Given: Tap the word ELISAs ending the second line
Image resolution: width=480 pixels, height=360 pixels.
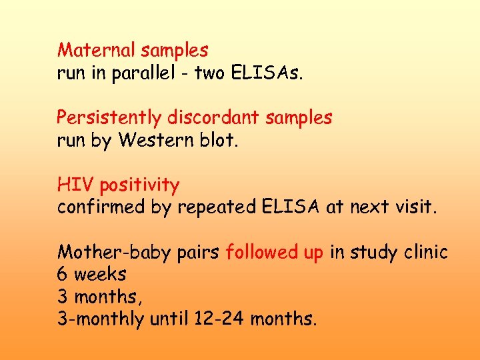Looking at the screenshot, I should coord(267,73).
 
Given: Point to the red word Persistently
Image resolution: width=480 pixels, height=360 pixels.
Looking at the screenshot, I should coord(109,118).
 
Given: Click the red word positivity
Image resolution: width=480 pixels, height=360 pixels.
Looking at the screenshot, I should coord(137,185).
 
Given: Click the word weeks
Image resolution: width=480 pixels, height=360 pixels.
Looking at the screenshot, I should coord(100,275).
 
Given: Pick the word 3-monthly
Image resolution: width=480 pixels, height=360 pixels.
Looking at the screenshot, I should coord(100,320).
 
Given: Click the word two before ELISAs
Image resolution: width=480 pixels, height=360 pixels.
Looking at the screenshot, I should coord(209,73).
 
